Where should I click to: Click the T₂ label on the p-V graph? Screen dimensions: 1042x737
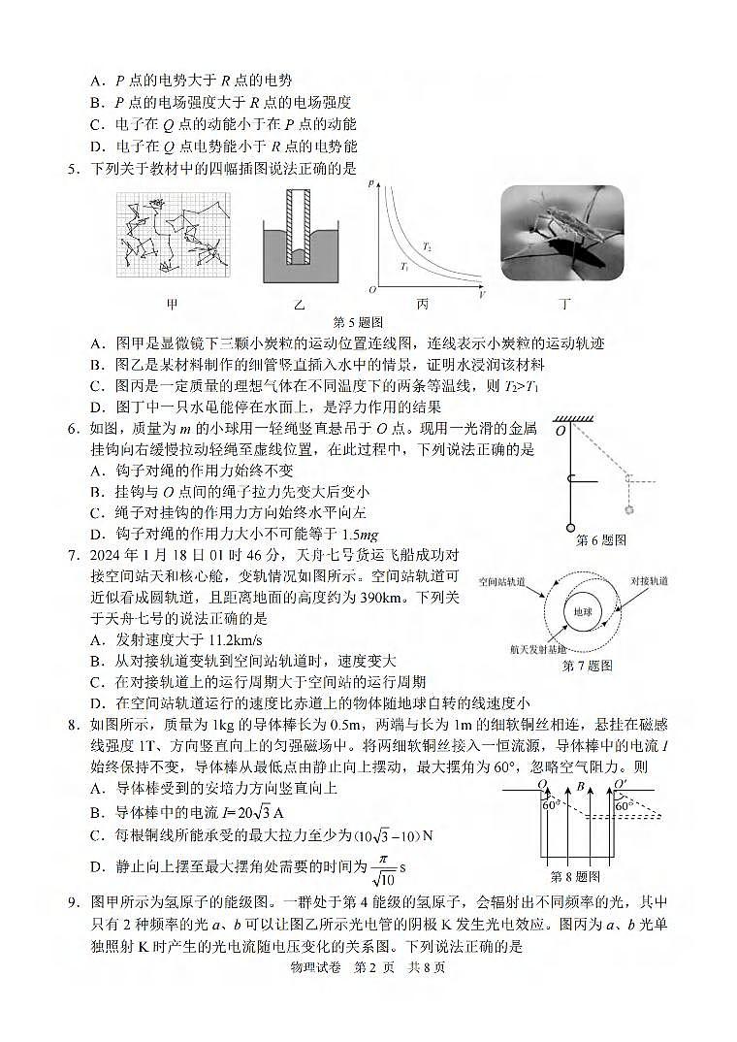click(427, 247)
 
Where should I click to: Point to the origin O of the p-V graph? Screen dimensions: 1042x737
click(371, 290)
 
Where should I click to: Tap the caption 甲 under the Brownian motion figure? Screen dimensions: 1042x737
click(172, 304)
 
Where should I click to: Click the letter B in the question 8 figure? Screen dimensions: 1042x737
click(579, 787)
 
